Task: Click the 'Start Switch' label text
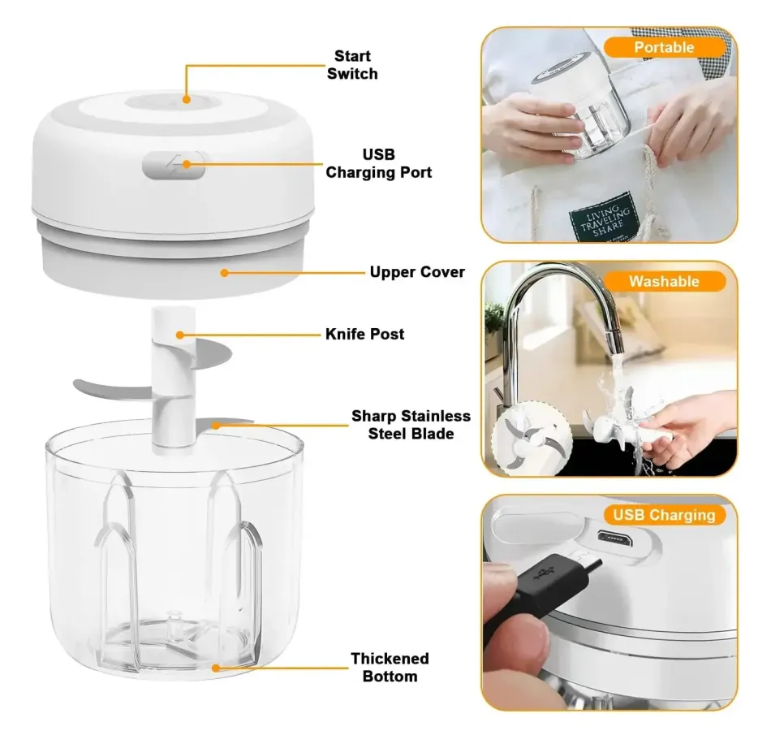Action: click(352, 65)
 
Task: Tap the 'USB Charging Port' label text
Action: click(378, 163)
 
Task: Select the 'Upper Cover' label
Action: click(417, 272)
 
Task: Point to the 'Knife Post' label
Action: click(364, 334)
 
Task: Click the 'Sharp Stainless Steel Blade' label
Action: click(411, 424)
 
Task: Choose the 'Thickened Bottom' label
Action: click(390, 667)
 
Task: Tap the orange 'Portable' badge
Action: click(664, 47)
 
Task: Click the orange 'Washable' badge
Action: click(664, 281)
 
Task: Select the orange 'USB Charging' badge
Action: click(664, 515)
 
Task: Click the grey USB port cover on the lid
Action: click(174, 165)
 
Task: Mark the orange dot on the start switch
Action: click(186, 100)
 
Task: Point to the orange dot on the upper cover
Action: click(224, 273)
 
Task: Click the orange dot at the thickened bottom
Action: click(216, 668)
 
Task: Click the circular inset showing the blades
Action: click(532, 441)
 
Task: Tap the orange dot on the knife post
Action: click(179, 335)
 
